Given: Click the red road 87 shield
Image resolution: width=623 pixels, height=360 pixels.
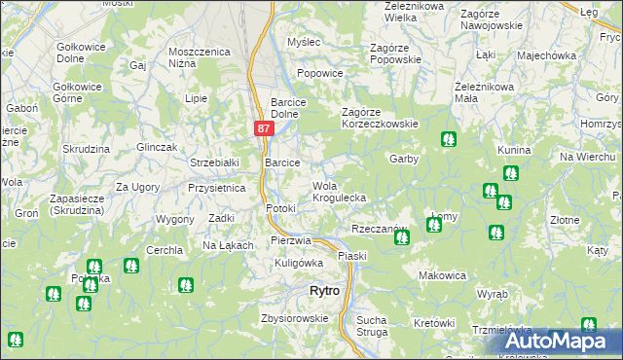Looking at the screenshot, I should [x=264, y=128].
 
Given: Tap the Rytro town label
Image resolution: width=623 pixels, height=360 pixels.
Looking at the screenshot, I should [x=323, y=291].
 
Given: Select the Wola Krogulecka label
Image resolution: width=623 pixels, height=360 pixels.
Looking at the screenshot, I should [x=339, y=192].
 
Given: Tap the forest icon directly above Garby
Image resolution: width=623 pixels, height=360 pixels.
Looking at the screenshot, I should [x=448, y=139].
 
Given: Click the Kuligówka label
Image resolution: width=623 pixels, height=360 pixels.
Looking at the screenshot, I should [x=299, y=263].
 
